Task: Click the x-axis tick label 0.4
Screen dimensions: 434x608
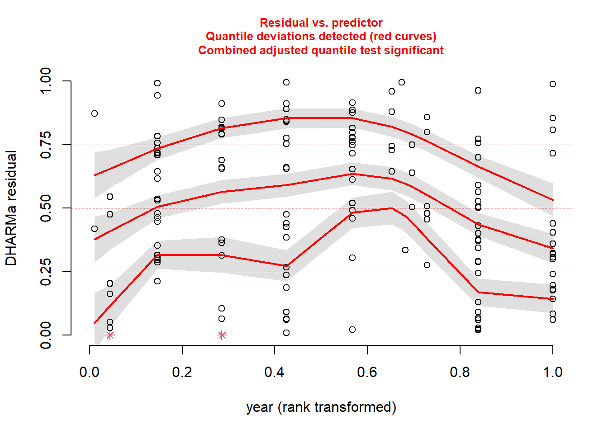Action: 274,372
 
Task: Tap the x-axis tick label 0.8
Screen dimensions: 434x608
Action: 460,372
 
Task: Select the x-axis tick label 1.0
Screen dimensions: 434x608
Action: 552,372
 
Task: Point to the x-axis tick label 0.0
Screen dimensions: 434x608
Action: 89,372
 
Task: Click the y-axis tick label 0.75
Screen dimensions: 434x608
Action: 46,145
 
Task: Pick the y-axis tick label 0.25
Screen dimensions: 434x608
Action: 46,272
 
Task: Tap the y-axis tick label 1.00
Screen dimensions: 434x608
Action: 46,81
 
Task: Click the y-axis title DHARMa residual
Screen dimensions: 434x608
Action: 11,208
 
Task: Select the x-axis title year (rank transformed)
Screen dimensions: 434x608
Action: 321,407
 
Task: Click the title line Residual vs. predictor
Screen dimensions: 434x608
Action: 321,23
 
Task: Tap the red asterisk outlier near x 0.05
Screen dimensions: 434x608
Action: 110,335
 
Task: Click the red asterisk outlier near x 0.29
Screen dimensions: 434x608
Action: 222,335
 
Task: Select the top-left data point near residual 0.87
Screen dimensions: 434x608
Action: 95,113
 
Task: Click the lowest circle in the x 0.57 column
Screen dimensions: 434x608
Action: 352,330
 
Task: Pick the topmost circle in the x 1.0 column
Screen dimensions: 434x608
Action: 553,84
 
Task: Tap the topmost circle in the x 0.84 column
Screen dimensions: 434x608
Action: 478,90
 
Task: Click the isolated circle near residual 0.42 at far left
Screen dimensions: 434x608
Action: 95,229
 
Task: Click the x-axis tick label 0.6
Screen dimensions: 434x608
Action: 367,372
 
